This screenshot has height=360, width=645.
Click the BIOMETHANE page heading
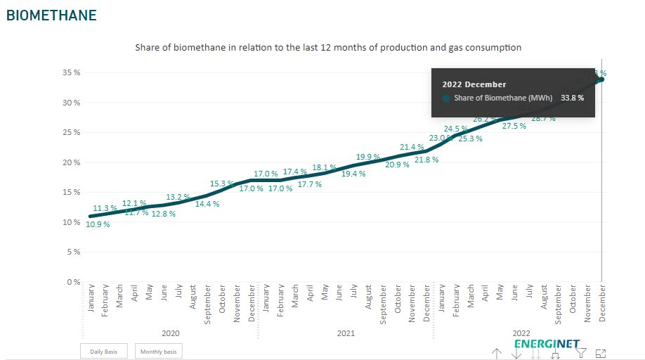(51, 15)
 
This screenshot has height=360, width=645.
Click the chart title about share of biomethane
(327, 48)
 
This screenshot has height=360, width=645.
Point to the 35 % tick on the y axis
(71, 72)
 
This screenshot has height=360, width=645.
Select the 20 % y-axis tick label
(71, 162)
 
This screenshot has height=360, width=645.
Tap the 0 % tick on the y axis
(73, 282)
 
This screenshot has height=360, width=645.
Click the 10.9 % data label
(98, 225)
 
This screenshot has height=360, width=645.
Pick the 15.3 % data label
(221, 184)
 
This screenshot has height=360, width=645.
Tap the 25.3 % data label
(470, 139)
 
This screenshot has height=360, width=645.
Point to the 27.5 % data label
(514, 126)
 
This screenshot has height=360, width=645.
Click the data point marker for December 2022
(601, 79)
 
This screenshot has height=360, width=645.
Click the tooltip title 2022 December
(474, 84)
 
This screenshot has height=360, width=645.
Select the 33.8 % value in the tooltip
(572, 98)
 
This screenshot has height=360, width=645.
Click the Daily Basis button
(103, 351)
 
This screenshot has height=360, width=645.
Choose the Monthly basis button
(159, 351)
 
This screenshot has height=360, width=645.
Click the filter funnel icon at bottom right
(581, 353)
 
